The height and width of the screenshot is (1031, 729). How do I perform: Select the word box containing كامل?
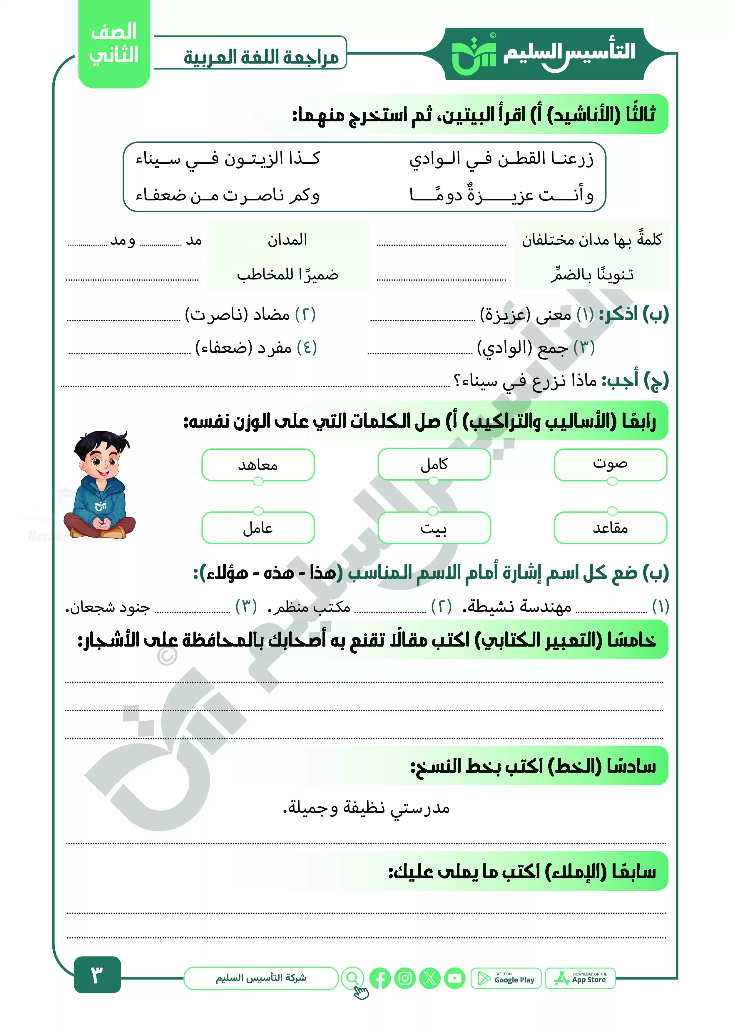434,464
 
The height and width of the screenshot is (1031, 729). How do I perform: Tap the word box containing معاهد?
258,465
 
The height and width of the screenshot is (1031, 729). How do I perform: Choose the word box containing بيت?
434,528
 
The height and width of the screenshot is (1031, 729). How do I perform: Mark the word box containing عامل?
258,528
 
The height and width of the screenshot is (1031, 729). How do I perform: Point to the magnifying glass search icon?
353,978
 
